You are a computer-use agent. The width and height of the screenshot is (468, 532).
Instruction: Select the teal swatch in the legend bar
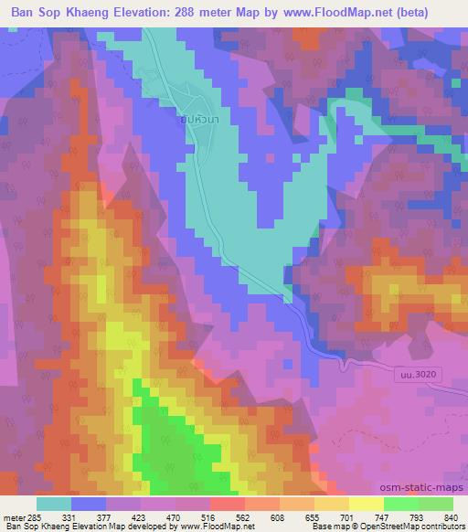click(x=54, y=504)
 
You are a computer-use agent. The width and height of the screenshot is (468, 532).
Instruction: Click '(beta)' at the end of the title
click(x=437, y=9)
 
